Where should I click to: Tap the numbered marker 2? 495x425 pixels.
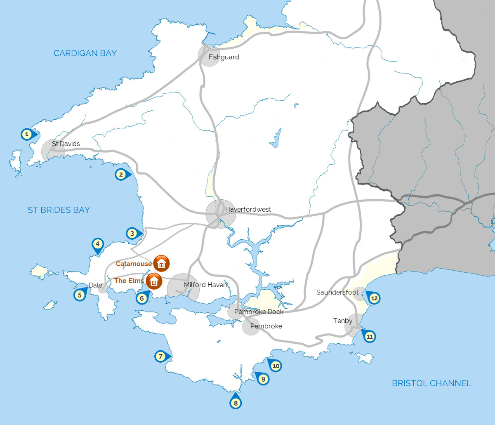point(121,175)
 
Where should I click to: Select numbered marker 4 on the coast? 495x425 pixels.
point(97,244)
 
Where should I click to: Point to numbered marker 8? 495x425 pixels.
point(236,403)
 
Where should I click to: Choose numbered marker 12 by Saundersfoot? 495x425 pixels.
point(374,298)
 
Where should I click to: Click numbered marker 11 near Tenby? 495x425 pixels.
point(370,337)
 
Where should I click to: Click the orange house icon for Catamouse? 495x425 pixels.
point(161,263)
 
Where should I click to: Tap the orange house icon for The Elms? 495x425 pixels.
point(154,282)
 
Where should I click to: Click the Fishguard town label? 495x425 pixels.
point(224,57)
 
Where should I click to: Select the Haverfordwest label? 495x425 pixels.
point(248,210)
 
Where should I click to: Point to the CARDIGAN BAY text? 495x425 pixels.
point(85,53)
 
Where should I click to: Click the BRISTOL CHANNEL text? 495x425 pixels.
point(431,383)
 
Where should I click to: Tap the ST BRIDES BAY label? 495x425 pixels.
point(59,210)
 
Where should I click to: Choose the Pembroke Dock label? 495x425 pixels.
point(259,312)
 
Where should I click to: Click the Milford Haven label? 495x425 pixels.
point(205,285)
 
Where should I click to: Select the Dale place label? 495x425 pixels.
point(95,285)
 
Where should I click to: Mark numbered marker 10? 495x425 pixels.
point(276,366)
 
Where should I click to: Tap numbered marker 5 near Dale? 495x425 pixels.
point(80,295)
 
